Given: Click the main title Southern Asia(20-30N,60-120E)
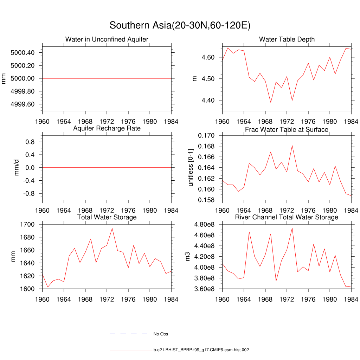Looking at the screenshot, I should click(180, 26).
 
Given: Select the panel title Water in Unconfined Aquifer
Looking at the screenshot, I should click(107, 39).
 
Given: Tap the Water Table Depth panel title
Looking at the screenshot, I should click(287, 39).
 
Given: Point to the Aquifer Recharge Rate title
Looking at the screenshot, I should click(107, 128).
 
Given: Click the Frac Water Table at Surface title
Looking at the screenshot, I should click(287, 130).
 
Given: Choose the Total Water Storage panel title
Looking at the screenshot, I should click(107, 217).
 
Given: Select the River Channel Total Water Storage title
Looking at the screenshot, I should click(287, 217).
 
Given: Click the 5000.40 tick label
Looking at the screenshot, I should click(22, 53).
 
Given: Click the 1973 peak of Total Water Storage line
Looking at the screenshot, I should click(112, 229).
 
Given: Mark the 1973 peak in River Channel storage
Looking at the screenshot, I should click(292, 228).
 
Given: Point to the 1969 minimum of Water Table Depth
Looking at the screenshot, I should click(271, 102).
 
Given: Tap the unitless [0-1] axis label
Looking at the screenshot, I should click(191, 168).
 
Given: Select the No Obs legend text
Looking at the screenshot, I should click(161, 334).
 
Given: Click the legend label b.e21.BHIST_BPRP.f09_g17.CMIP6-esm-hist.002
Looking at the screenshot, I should click(201, 350).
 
